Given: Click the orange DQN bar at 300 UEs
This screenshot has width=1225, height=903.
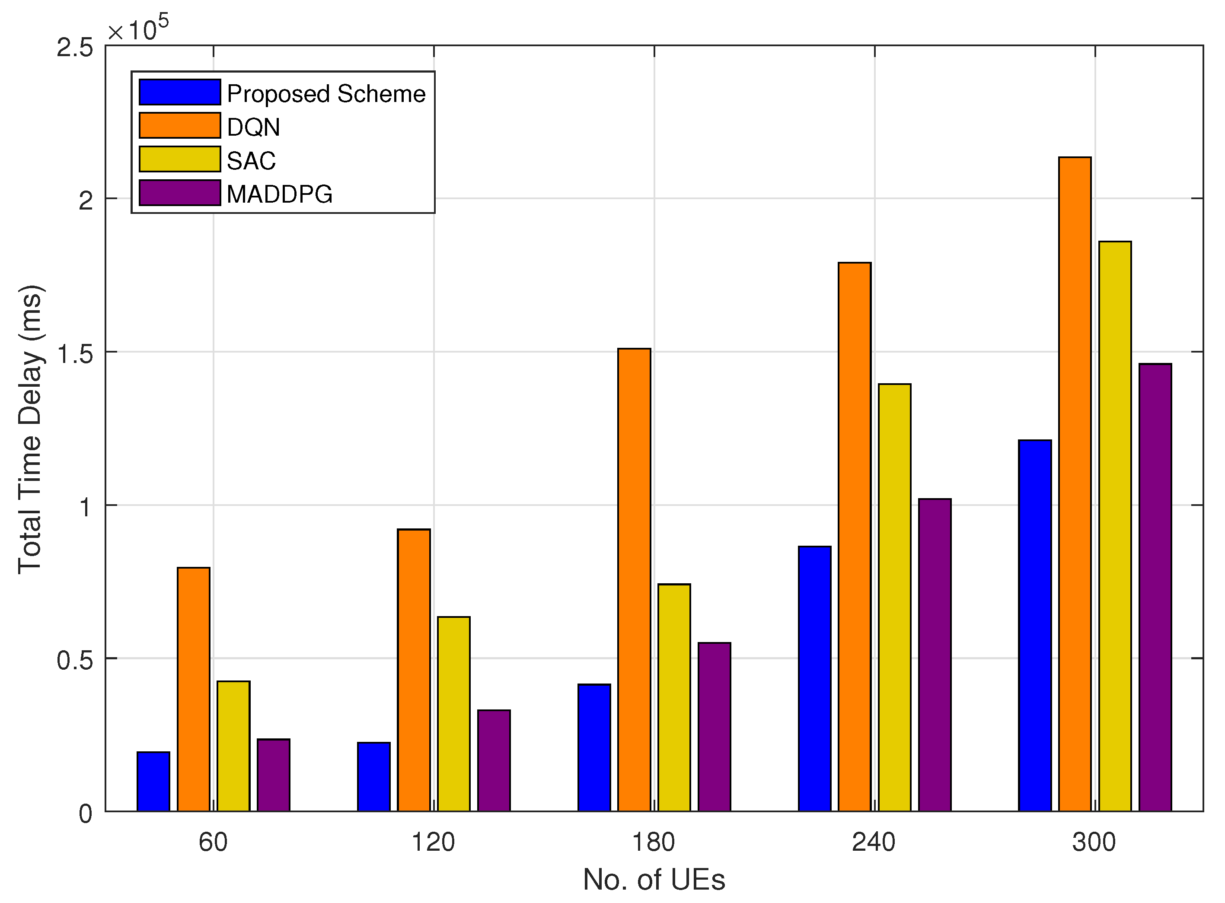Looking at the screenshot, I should pos(1075,484).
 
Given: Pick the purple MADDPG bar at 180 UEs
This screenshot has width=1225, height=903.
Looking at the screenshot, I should pos(714,727).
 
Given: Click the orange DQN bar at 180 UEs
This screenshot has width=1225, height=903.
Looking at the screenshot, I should pos(635,579).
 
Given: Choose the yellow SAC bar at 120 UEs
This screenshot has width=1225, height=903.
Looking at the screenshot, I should pos(454,714).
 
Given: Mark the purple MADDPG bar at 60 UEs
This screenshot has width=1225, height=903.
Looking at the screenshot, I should pos(274,775).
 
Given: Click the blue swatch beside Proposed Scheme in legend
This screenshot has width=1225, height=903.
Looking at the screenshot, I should pos(179,92).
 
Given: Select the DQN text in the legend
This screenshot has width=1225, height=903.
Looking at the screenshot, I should pos(253,127).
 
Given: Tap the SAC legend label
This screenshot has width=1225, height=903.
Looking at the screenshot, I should pos(251,161).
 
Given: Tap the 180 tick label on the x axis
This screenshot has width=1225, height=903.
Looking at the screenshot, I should pos(654,843).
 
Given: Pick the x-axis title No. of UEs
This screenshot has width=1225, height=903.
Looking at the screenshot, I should pos(654,880).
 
